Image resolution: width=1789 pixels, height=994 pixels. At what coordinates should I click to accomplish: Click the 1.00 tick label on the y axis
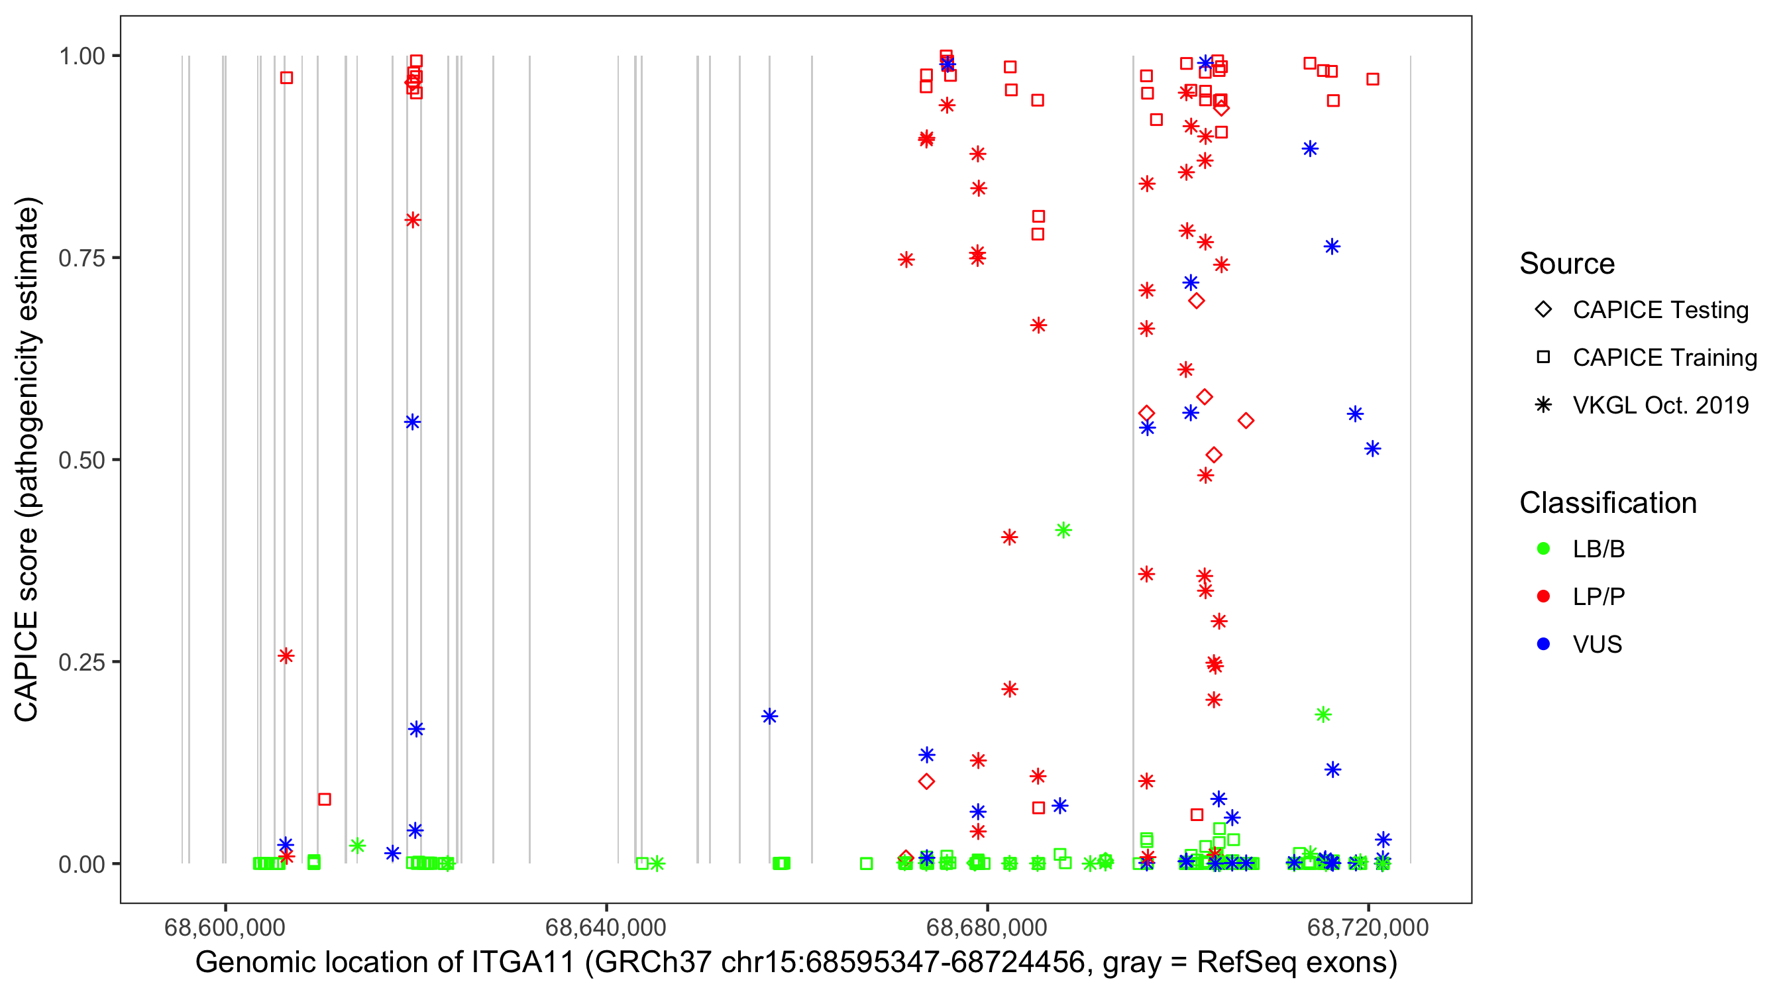(x=81, y=56)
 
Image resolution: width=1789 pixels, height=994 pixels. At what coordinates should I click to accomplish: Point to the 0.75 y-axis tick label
(x=81, y=258)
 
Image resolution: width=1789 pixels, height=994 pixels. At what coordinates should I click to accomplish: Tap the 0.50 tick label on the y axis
(x=81, y=460)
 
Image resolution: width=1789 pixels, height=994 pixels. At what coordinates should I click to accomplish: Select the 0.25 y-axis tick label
(x=81, y=662)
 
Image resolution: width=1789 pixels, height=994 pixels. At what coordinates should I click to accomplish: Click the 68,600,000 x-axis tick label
(x=225, y=928)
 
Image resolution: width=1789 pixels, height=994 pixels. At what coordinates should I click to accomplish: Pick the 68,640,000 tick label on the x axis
(x=606, y=928)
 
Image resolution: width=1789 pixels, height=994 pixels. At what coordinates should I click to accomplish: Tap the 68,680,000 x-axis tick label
(x=987, y=928)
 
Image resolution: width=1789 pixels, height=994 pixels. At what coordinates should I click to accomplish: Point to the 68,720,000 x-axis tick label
(x=1368, y=928)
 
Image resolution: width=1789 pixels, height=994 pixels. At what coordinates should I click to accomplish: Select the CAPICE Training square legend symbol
(x=1543, y=358)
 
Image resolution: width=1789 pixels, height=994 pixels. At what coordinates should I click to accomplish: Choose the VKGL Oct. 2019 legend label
(x=1660, y=405)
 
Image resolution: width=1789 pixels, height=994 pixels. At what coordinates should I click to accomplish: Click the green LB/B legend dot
(x=1543, y=549)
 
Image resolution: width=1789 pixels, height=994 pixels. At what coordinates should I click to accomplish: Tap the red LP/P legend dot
(x=1543, y=596)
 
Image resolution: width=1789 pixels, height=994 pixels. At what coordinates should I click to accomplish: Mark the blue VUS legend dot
(x=1543, y=645)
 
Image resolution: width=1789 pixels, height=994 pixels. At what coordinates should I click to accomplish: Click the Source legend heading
(x=1567, y=264)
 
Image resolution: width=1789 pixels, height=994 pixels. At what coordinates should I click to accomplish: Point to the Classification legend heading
(x=1607, y=503)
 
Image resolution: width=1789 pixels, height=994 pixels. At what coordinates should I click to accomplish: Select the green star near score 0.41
(x=1063, y=531)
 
